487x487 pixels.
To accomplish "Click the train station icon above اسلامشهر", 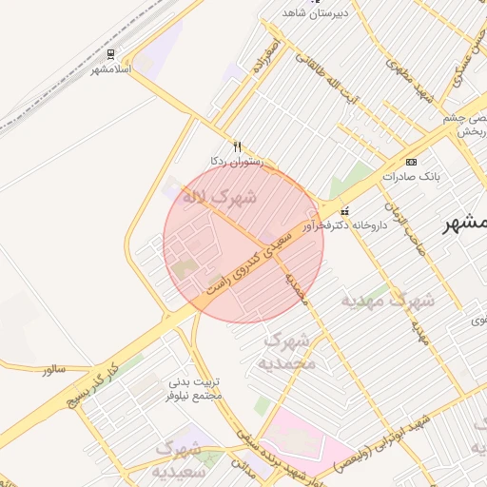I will pos(111,54).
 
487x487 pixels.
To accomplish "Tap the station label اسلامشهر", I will pos(111,69).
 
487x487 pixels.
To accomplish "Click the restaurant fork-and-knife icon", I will pos(238,146).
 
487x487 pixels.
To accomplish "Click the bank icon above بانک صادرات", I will pos(411,162).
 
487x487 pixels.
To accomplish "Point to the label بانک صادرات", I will pos(411,177).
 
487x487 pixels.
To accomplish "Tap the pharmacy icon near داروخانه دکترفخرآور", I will pos(344,211).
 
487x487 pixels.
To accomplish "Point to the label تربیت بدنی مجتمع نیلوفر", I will pos(194,388).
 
